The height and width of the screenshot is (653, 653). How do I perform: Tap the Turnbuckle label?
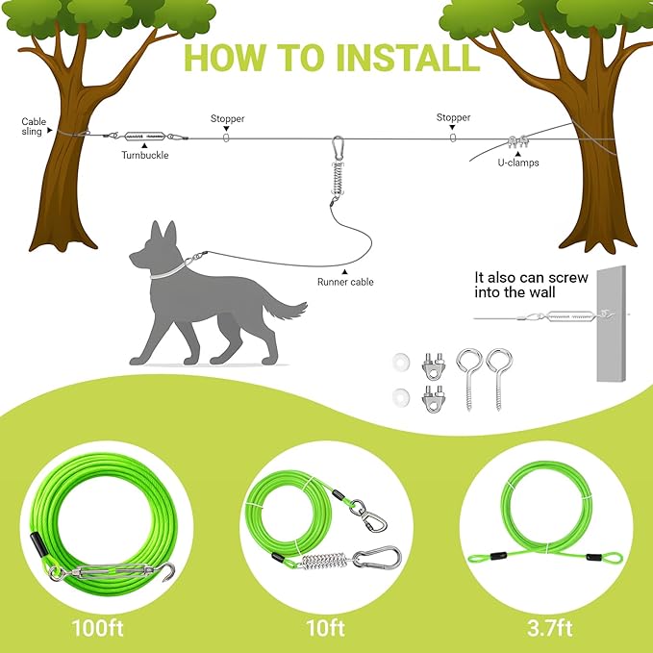tap(144, 154)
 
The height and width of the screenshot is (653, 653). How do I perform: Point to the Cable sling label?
tap(34, 127)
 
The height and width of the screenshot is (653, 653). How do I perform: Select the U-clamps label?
tap(517, 163)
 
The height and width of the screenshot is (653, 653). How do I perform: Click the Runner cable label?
tap(345, 282)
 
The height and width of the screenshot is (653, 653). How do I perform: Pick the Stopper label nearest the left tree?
tap(227, 119)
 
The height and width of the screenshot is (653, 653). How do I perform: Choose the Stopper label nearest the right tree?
tap(453, 118)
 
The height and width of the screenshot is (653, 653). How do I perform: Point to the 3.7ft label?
tap(549, 630)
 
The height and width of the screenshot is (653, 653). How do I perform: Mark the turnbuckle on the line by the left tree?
tap(148, 136)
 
